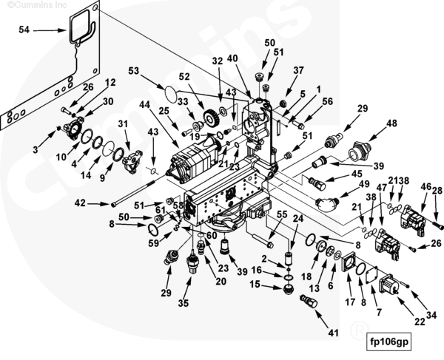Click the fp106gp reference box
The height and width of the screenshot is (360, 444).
click(388, 342)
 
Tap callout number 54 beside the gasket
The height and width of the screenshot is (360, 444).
click(24, 30)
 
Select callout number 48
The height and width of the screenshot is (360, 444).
click(392, 123)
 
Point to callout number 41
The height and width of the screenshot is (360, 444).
click(333, 333)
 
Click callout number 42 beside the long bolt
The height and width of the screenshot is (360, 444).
click(80, 203)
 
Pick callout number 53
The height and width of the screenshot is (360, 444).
click(134, 70)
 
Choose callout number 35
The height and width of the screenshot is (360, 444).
click(184, 303)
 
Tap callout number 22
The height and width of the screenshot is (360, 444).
click(420, 322)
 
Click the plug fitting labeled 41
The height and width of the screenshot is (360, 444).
click(309, 302)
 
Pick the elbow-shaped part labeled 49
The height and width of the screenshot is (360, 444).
click(327, 203)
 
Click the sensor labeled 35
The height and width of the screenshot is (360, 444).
click(192, 262)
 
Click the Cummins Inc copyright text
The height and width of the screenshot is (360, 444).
click(37, 5)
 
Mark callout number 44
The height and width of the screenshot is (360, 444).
click(144, 105)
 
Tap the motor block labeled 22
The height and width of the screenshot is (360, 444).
click(389, 284)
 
